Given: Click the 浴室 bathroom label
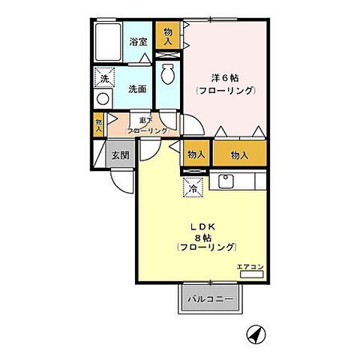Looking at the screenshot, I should pyautogui.click(x=137, y=41).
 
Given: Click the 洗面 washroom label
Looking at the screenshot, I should pyautogui.click(x=137, y=88).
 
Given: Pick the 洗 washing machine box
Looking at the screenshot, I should pyautogui.click(x=103, y=76).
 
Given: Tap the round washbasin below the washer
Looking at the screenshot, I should pyautogui.click(x=103, y=97).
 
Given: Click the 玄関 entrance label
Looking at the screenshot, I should pyautogui.click(x=120, y=155).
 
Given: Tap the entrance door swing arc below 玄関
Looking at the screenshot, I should pyautogui.click(x=121, y=181).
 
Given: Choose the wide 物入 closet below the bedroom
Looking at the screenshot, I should pyautogui.click(x=239, y=154).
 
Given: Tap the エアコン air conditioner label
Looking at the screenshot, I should pyautogui.click(x=248, y=266).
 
